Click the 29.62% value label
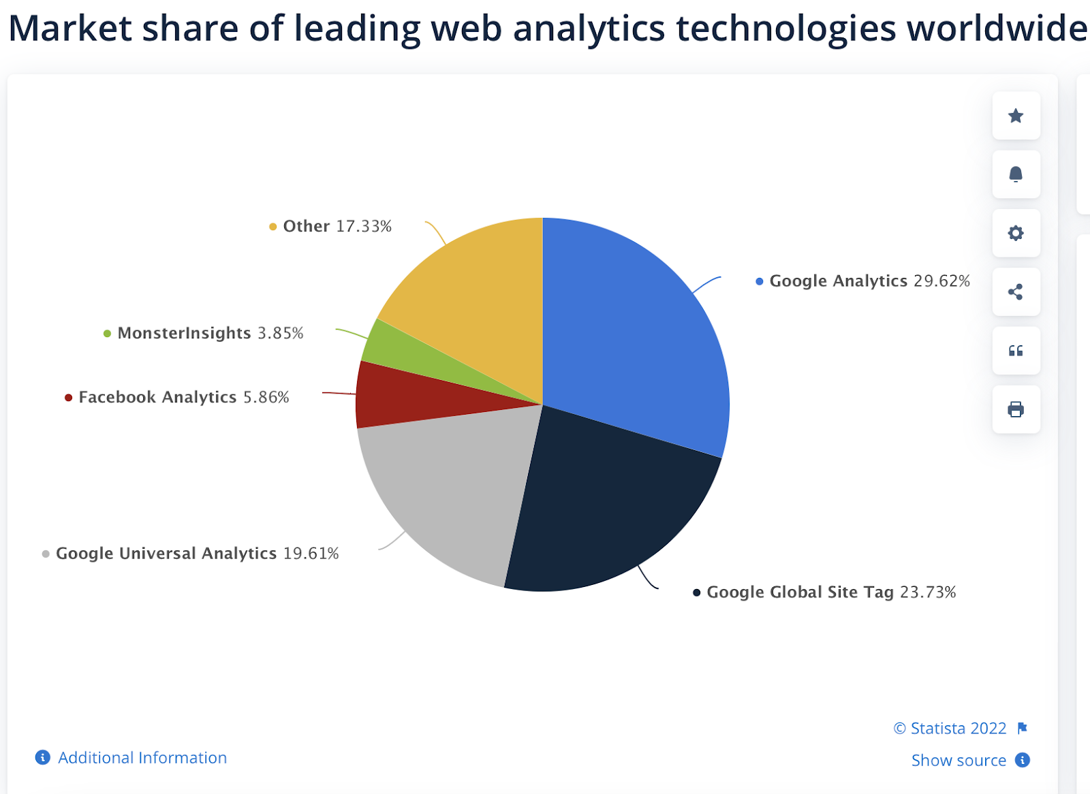[941, 281]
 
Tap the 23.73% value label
[928, 592]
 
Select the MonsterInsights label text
[184, 333]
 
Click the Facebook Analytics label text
[157, 397]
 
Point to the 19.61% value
[311, 554]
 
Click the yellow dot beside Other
[272, 227]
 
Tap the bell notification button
[1016, 174]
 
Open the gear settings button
[1016, 234]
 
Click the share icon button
[1016, 292]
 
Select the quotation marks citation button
[1016, 351]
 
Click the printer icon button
[1016, 409]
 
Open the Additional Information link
[142, 758]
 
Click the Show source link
[959, 761]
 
